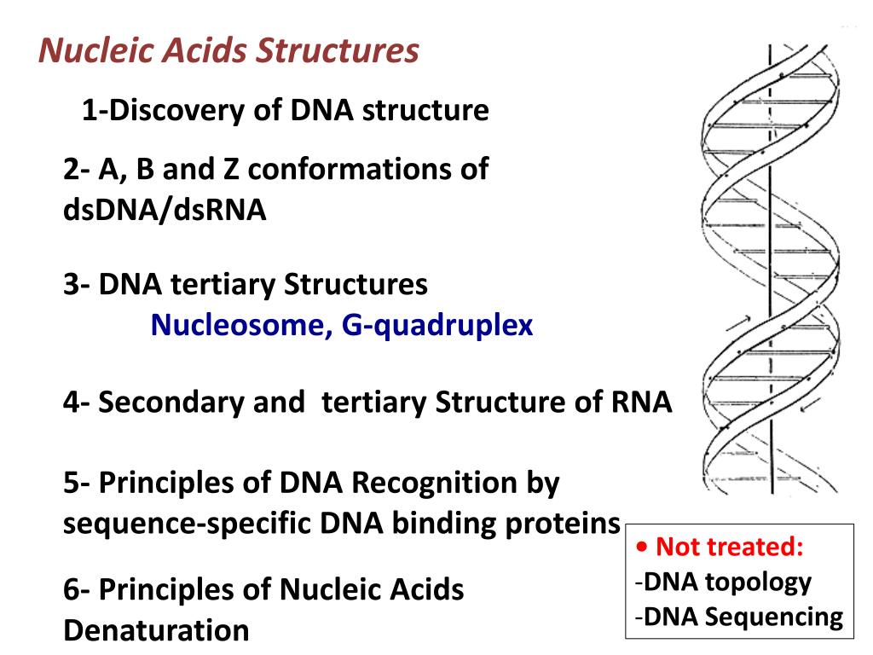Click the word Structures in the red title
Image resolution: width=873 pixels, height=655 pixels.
338,50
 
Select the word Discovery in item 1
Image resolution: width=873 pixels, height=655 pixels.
176,111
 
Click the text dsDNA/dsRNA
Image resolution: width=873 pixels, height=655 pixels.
165,210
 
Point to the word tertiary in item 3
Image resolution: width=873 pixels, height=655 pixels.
223,285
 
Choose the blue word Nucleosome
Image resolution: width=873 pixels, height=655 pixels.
239,325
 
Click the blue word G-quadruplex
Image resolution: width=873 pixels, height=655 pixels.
437,326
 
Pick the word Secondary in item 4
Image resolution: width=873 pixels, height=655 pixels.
171,403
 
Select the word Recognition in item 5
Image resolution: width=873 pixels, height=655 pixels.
435,483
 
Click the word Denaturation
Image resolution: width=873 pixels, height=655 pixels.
157,631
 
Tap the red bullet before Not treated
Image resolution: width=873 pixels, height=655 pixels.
643,547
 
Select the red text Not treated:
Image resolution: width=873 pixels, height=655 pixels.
730,547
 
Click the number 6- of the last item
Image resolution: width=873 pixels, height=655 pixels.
76,589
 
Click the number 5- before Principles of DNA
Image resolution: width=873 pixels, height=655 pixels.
76,483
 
